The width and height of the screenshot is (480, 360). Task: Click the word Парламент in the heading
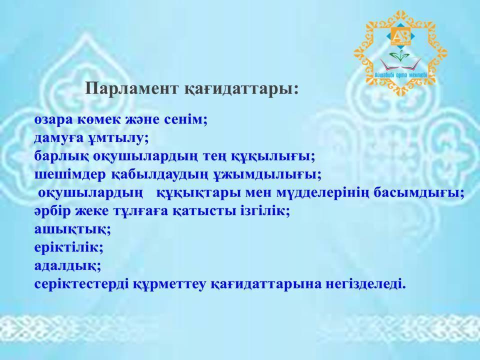tap(132, 88)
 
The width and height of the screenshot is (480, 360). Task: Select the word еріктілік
tap(69, 247)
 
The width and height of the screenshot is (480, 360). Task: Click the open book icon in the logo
tap(400, 64)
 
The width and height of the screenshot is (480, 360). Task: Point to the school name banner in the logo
tap(400, 75)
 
